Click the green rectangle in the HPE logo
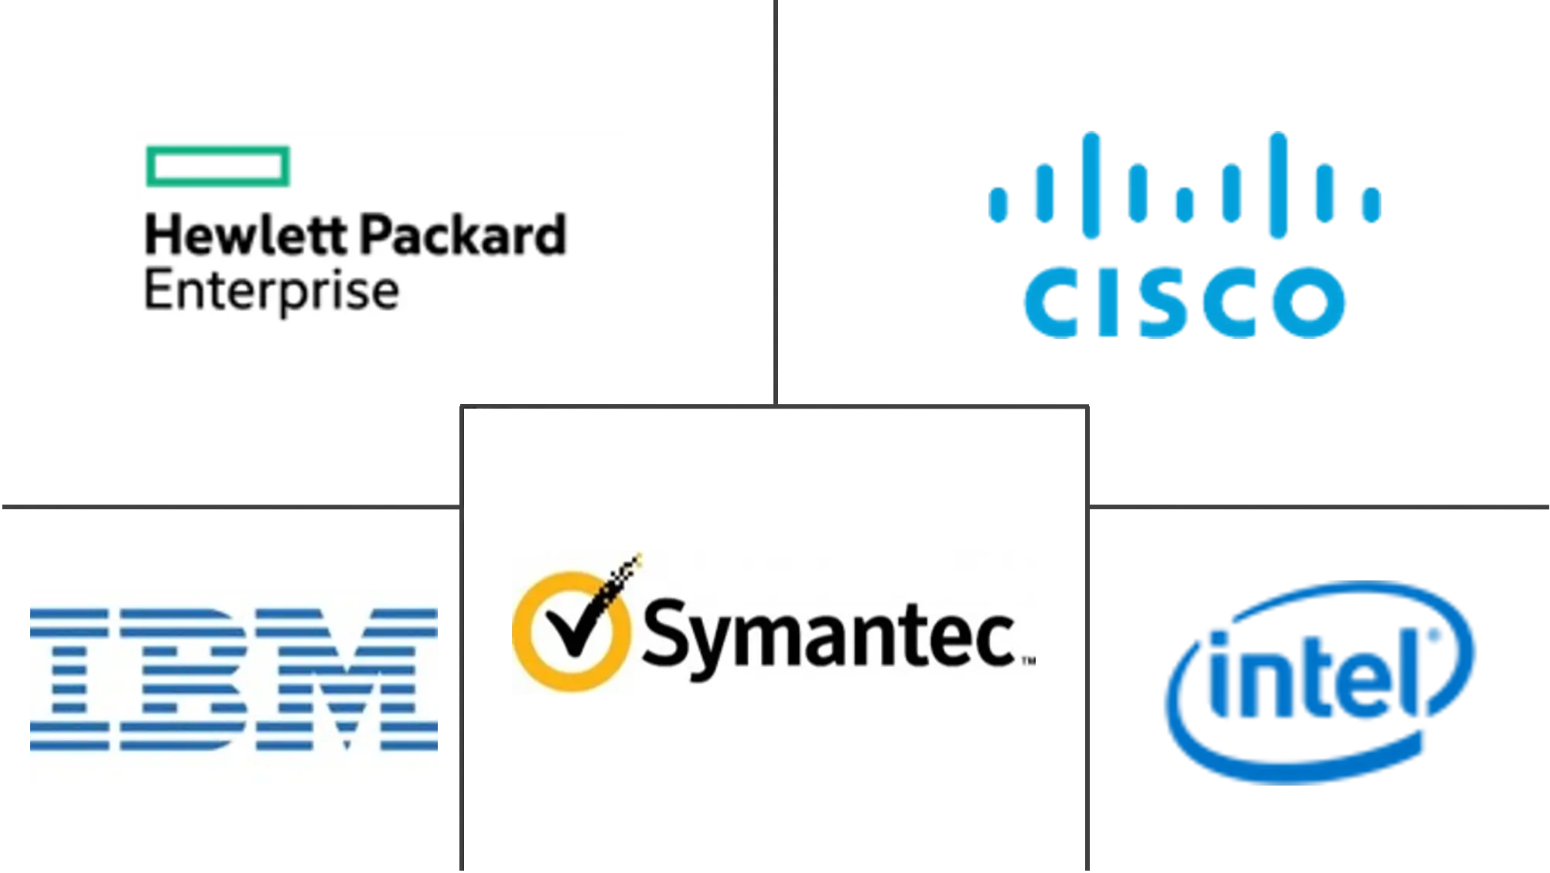[x=218, y=166]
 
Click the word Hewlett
[x=239, y=236]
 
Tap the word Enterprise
[x=271, y=292]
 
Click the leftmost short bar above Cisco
[x=999, y=205]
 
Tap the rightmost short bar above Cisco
[x=1372, y=205]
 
